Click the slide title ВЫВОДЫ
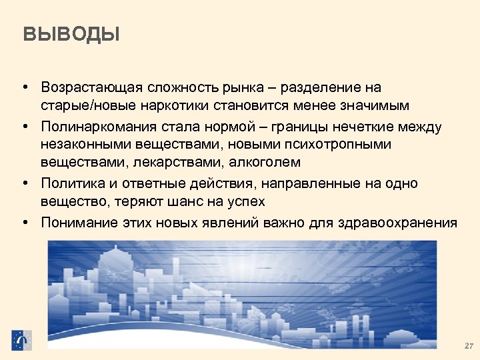(71, 34)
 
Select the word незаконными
(83, 144)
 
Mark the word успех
(247, 200)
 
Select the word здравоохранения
(402, 222)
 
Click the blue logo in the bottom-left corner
(21, 340)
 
